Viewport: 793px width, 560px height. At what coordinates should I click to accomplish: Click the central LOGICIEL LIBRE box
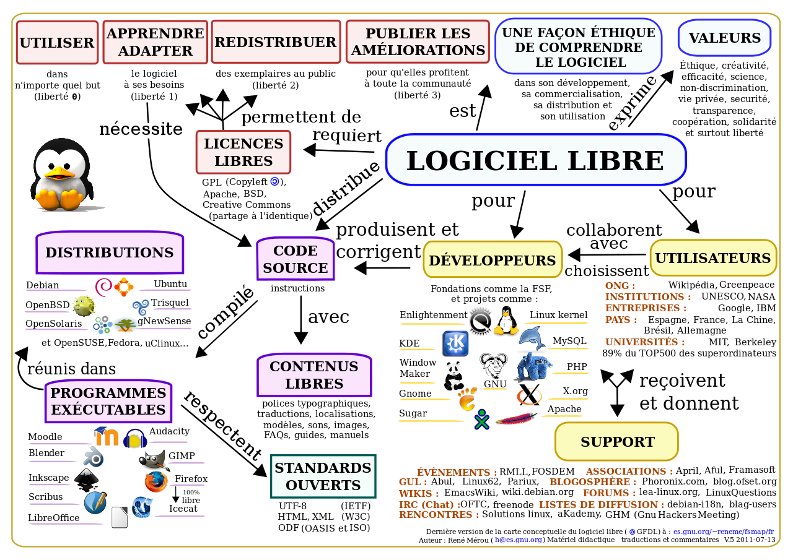[x=536, y=160]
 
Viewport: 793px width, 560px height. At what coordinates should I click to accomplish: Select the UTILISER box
[x=57, y=43]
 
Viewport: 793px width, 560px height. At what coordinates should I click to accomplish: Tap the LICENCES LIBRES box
[x=243, y=152]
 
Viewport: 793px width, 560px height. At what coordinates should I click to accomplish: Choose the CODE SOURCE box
[x=296, y=259]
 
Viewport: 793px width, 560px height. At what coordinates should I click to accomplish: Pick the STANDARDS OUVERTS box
[x=323, y=476]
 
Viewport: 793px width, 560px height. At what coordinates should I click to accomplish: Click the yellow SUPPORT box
[x=617, y=442]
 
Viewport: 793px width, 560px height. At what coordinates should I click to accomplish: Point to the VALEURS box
[x=725, y=38]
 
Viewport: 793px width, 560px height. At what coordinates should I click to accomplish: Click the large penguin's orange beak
[x=59, y=173]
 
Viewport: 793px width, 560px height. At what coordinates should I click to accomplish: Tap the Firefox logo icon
[x=156, y=481]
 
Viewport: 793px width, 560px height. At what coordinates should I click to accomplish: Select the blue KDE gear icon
[x=455, y=343]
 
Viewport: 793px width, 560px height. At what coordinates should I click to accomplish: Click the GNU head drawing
[x=494, y=366]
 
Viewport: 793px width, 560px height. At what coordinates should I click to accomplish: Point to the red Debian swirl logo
[x=103, y=287]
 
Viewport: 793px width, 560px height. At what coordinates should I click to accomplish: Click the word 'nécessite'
[x=141, y=129]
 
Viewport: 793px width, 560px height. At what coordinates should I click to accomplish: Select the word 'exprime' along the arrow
[x=633, y=103]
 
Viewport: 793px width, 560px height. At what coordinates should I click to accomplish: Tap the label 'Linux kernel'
[x=558, y=314]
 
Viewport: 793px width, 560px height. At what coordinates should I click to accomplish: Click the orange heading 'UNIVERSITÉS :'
[x=645, y=342]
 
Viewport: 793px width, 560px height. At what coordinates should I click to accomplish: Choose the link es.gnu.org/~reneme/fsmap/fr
[x=724, y=532]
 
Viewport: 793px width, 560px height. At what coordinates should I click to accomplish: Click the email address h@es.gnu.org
[x=519, y=540]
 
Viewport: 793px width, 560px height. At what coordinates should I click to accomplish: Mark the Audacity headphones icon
[x=135, y=438]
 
